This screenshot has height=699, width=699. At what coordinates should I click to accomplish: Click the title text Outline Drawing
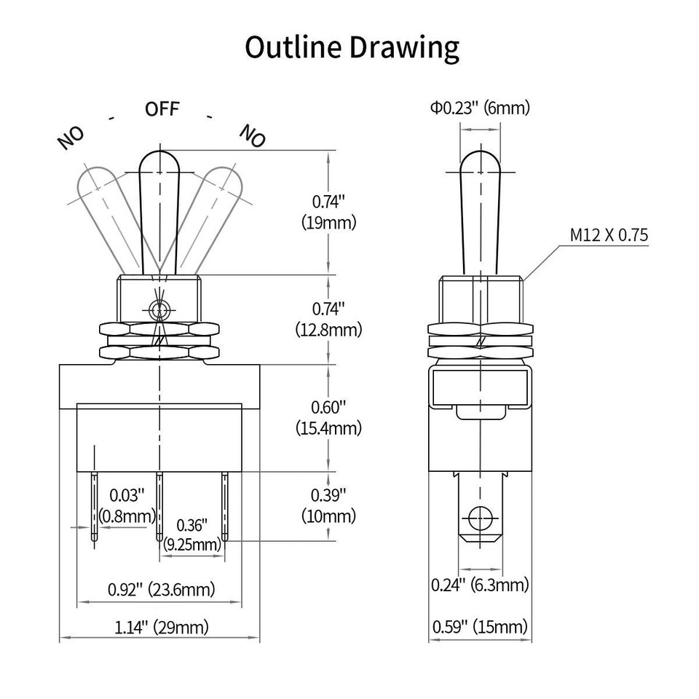pyautogui.click(x=352, y=47)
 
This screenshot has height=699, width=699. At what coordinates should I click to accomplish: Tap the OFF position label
pyautogui.click(x=162, y=110)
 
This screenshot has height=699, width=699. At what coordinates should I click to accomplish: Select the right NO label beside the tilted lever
pyautogui.click(x=253, y=135)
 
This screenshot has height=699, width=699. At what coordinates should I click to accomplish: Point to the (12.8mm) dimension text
pyautogui.click(x=328, y=330)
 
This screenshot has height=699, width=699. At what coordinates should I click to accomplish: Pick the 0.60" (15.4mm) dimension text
pyautogui.click(x=328, y=418)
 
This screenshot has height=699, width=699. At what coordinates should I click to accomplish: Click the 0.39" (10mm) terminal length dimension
pyautogui.click(x=328, y=505)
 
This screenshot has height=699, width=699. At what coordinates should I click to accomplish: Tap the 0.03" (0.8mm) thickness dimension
pyautogui.click(x=132, y=506)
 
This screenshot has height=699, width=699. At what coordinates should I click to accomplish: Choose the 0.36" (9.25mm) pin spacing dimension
pyautogui.click(x=192, y=534)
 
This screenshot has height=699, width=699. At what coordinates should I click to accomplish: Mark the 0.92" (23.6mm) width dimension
pyautogui.click(x=161, y=589)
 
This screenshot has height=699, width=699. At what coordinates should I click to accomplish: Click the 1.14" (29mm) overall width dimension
pyautogui.click(x=161, y=627)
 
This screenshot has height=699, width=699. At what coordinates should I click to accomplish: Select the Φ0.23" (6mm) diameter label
pyautogui.click(x=480, y=108)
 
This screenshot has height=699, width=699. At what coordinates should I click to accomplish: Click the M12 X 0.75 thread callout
pyautogui.click(x=609, y=235)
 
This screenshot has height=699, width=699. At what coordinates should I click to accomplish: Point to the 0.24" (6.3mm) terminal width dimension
pyautogui.click(x=480, y=585)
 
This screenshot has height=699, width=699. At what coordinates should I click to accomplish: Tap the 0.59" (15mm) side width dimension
pyautogui.click(x=480, y=627)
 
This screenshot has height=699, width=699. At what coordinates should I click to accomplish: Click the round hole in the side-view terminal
pyautogui.click(x=479, y=518)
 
